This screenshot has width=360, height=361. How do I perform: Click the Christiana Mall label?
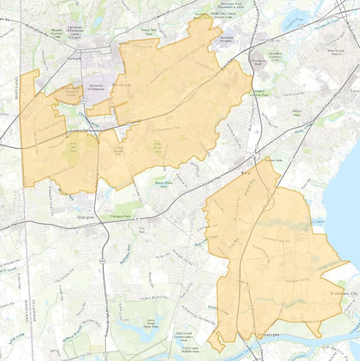258,63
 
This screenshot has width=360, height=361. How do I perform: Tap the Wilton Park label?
297,113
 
